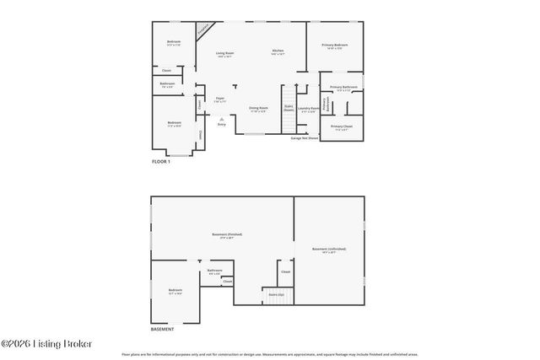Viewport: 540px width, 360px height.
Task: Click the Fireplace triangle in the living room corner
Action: click(x=202, y=30)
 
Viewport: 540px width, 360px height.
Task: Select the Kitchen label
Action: click(x=278, y=52)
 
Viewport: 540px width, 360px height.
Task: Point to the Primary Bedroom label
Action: click(x=335, y=46)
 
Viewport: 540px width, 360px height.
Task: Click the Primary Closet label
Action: click(x=342, y=127)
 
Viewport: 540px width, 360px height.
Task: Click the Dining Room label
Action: click(x=258, y=109)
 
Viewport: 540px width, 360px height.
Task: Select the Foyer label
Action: click(x=219, y=99)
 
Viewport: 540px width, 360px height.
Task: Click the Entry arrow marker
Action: click(x=221, y=121)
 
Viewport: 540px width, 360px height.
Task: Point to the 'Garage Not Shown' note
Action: click(x=305, y=138)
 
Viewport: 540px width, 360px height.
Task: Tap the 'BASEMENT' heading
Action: click(x=163, y=329)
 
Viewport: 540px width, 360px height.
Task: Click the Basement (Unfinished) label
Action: click(x=329, y=250)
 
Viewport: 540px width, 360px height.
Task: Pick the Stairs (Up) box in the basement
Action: click(x=275, y=295)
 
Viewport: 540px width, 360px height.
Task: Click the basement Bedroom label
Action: click(x=175, y=292)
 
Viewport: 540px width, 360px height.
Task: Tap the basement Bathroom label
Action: click(x=214, y=272)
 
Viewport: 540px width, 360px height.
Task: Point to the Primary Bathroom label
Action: click(x=343, y=88)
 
